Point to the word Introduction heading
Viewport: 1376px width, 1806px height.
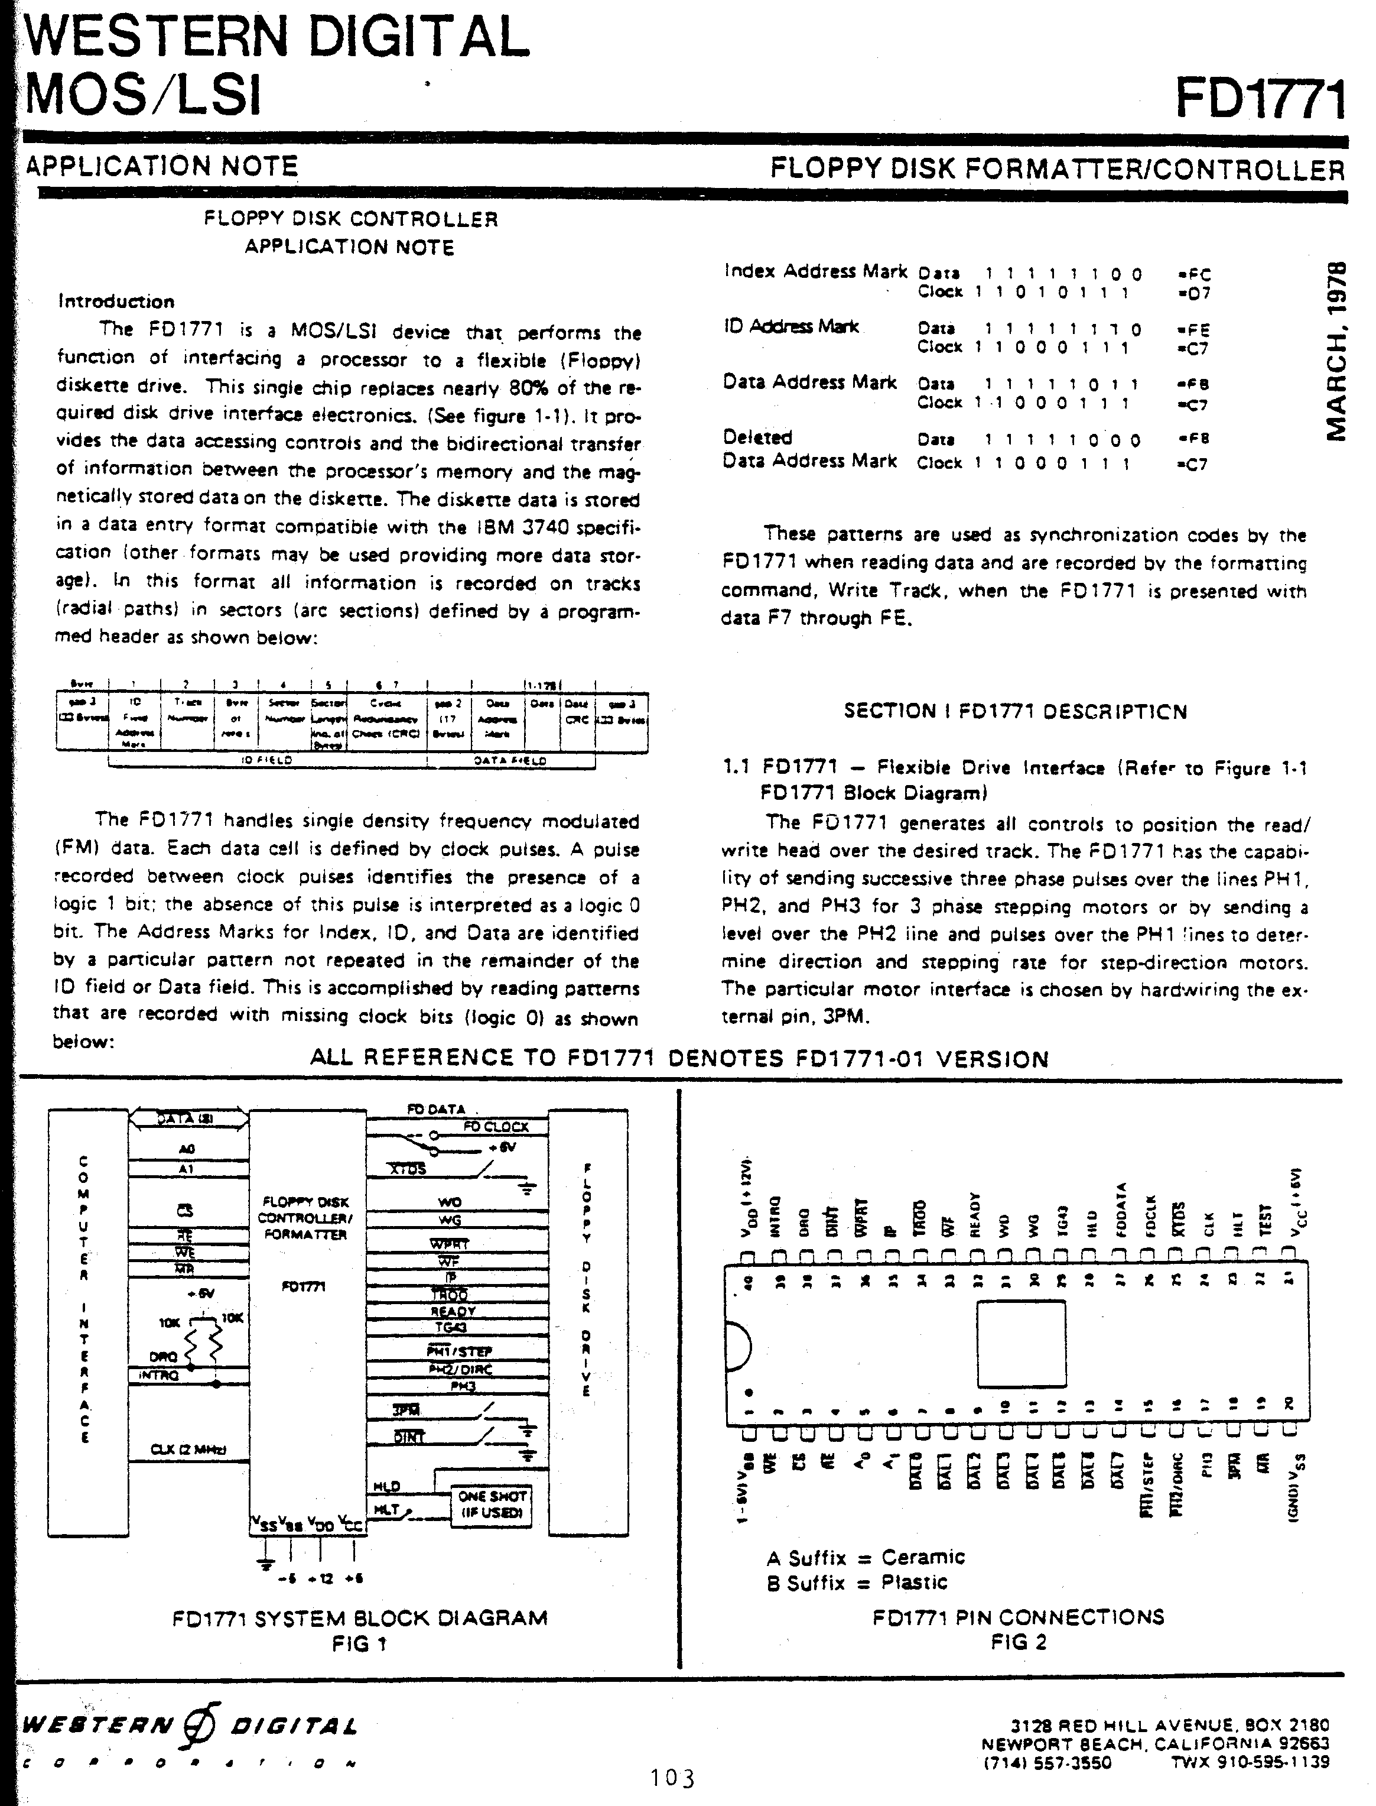[x=116, y=301]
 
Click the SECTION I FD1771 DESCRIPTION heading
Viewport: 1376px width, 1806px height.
[x=1016, y=711]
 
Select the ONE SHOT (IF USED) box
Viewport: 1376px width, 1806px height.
[x=492, y=1505]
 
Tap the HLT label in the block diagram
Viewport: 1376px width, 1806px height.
[x=386, y=1509]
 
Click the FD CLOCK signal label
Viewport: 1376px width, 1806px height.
[x=496, y=1127]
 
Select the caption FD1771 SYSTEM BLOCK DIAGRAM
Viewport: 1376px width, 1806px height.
[x=360, y=1619]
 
